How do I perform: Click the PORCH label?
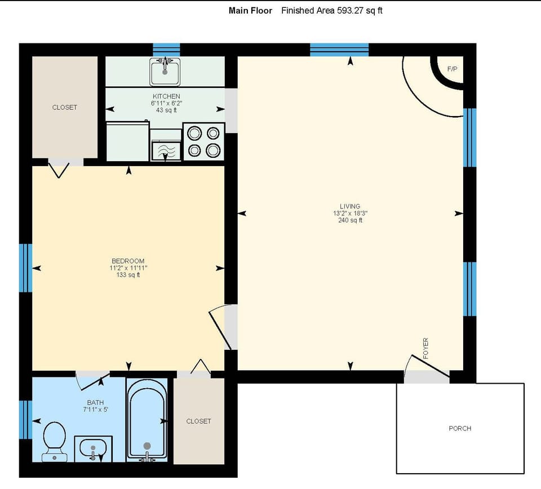pos(460,428)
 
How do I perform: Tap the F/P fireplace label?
pos(452,69)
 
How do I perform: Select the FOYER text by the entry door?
pos(425,348)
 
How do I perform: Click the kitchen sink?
pos(165,72)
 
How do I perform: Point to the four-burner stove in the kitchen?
pos(203,141)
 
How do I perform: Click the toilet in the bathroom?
pos(54,441)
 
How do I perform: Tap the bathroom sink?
pos(93,449)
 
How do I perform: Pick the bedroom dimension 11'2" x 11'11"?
pos(128,268)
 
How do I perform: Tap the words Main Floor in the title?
pos(250,11)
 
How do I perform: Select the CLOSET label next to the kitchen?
pos(64,107)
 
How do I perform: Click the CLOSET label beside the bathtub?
pos(198,421)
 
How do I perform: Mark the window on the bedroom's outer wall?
pos(25,268)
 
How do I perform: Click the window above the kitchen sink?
pos(166,49)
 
